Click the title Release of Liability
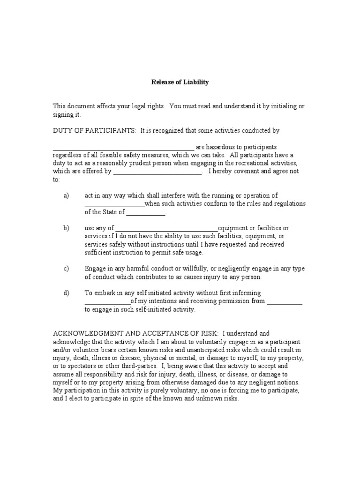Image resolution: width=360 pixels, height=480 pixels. pos(180,82)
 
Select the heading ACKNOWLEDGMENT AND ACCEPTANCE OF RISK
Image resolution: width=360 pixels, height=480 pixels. pos(135,333)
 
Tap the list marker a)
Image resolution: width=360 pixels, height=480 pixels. pos(66,195)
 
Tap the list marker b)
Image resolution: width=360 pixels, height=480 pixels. pos(66,228)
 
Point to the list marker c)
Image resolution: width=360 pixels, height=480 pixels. pos(66,269)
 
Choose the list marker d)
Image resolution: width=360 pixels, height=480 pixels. pos(66,293)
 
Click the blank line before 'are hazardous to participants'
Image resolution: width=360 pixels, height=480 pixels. pos(123,147)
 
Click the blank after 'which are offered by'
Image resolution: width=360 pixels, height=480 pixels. pos(157,172)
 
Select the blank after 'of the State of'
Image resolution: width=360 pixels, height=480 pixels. pos(146,212)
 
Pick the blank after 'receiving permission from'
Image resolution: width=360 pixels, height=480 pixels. pos(285,301)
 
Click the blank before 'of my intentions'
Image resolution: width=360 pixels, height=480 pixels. pos(107,301)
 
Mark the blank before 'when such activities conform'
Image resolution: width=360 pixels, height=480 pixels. pos(114,204)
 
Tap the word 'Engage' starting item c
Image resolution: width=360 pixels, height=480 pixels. pos(95,269)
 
